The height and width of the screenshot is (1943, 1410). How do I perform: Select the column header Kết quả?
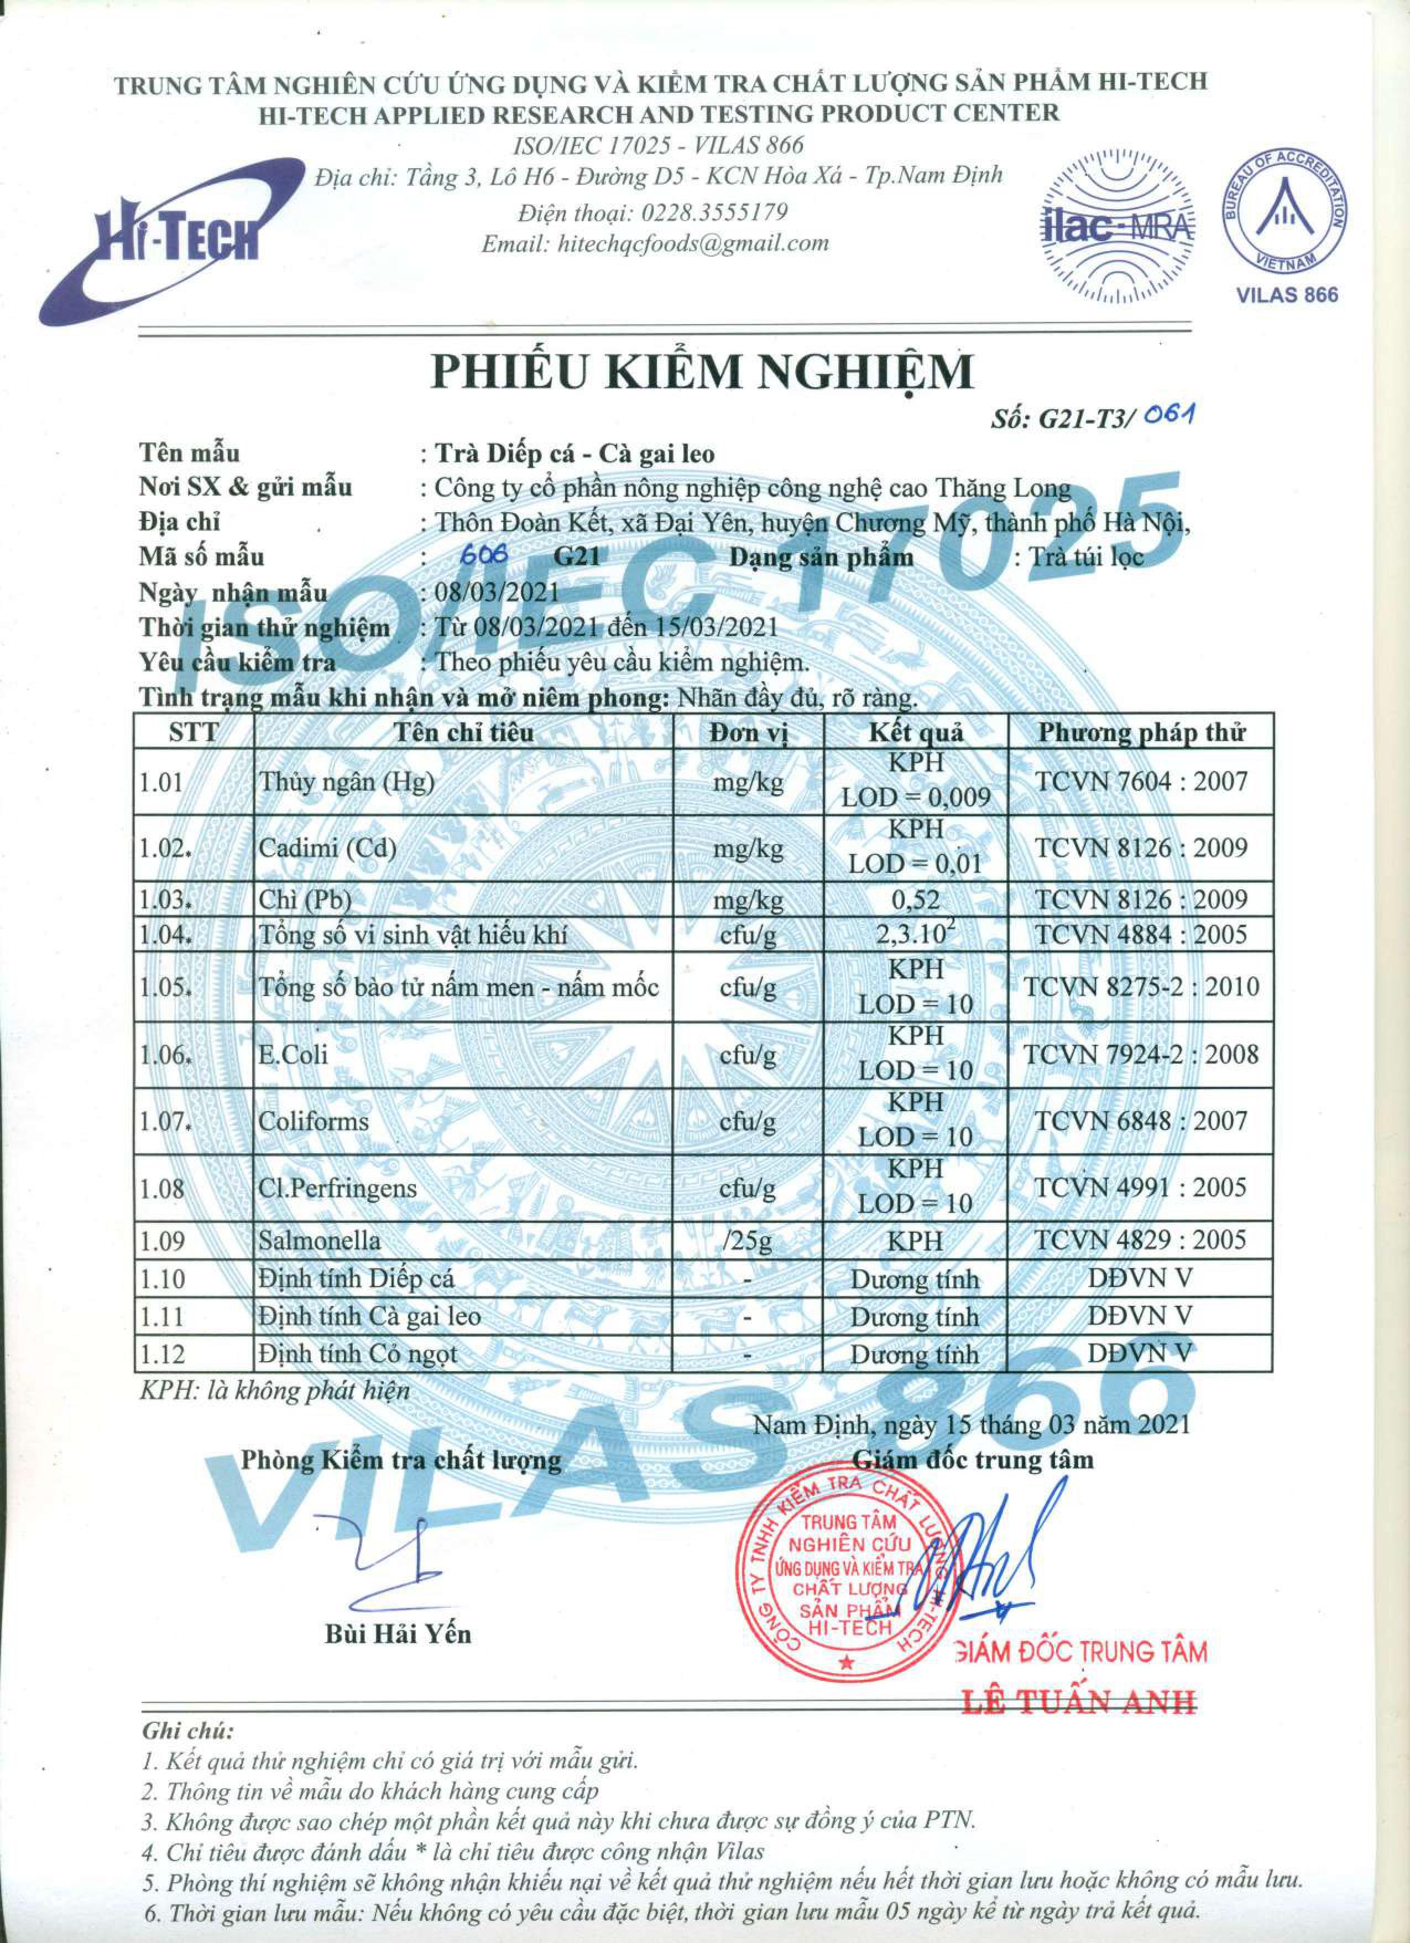916,732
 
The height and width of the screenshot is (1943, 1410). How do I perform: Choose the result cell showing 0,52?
915,899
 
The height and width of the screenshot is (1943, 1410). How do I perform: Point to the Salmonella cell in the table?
320,1241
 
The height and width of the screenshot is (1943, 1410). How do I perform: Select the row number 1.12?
163,1355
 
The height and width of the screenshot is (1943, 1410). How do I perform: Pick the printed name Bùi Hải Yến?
398,1634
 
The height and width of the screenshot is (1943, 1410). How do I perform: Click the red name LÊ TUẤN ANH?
1079,1702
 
